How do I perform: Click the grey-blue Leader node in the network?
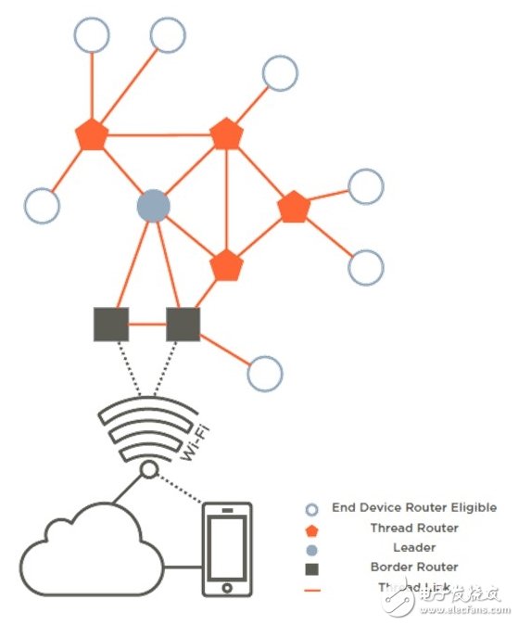point(153,206)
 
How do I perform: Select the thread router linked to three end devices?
point(92,135)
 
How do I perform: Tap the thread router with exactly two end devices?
point(293,207)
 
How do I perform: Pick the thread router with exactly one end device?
point(226,134)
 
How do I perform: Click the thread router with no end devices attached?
point(226,267)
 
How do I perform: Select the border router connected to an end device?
point(183,324)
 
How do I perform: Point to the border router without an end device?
point(111,324)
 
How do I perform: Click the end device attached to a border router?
point(264,373)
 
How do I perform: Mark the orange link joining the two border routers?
point(147,325)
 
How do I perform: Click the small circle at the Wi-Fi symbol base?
point(148,471)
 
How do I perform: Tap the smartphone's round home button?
point(226,587)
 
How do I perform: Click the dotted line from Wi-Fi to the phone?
point(181,490)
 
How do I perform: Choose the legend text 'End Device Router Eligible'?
point(413,508)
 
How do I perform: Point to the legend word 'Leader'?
point(414,547)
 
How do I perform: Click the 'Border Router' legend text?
point(414,567)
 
